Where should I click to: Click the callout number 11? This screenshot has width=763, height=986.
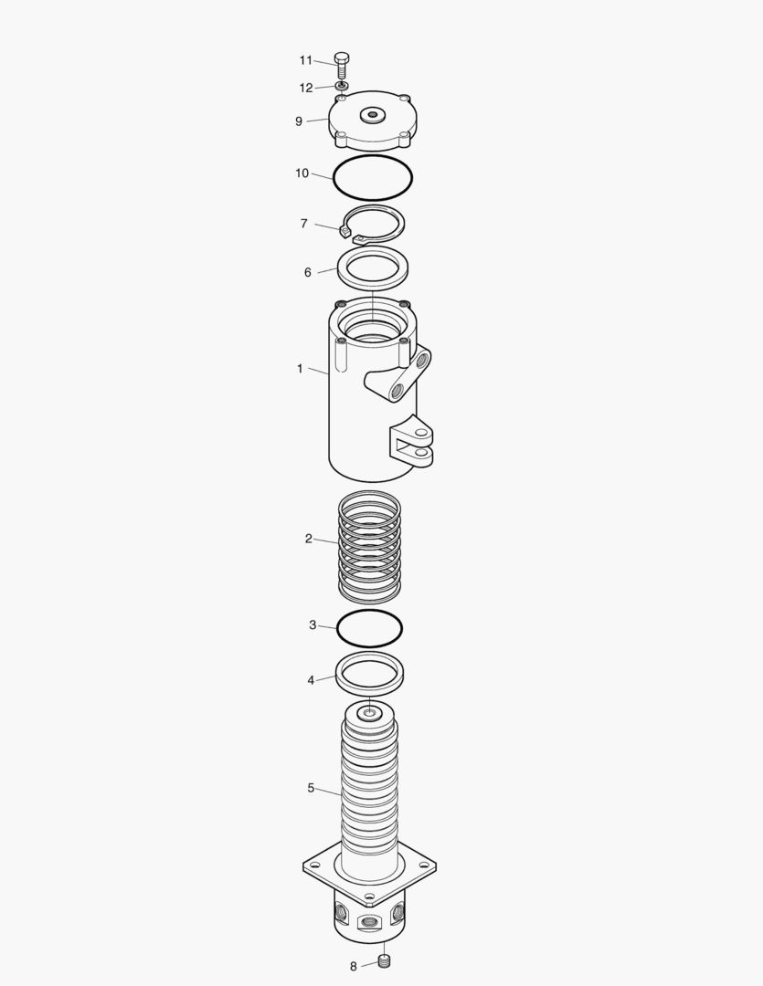(x=306, y=60)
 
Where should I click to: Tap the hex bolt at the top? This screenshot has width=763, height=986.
(x=342, y=64)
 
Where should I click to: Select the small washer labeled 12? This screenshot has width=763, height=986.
(x=340, y=86)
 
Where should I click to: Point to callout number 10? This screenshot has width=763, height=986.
(x=302, y=173)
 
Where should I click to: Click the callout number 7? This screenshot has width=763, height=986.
(x=304, y=224)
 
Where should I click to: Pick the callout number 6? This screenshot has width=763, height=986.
(x=308, y=272)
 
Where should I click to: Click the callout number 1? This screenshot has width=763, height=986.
(x=300, y=369)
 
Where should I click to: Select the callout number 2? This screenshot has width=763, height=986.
(x=309, y=539)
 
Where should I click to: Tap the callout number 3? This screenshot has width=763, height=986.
(x=313, y=625)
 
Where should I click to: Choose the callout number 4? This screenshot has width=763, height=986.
(x=311, y=680)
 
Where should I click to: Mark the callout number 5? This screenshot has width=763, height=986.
(x=311, y=788)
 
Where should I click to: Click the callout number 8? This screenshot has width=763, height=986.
(x=354, y=966)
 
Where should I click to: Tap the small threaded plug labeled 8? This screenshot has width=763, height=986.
(x=384, y=960)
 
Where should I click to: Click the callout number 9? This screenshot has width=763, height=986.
(x=299, y=121)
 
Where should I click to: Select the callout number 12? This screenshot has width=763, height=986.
(x=306, y=88)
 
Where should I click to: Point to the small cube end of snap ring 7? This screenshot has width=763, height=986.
(x=344, y=231)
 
